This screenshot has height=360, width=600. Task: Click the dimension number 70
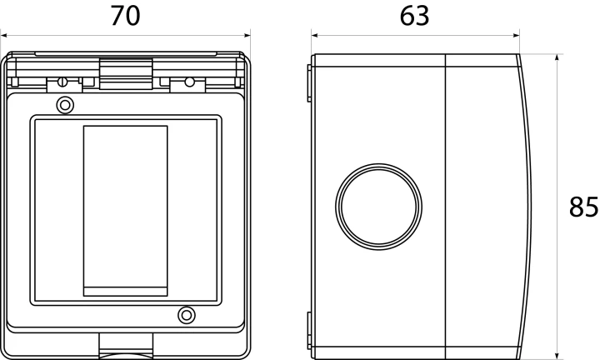126,16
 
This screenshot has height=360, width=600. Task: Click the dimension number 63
414,16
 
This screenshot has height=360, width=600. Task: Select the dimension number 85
583,207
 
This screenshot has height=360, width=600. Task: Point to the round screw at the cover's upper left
65,105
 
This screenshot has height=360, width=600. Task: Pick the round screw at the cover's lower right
187,315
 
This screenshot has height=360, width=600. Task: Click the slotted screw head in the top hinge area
62,82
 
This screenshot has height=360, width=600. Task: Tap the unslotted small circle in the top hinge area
189,82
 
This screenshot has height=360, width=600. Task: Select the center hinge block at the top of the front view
126,74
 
